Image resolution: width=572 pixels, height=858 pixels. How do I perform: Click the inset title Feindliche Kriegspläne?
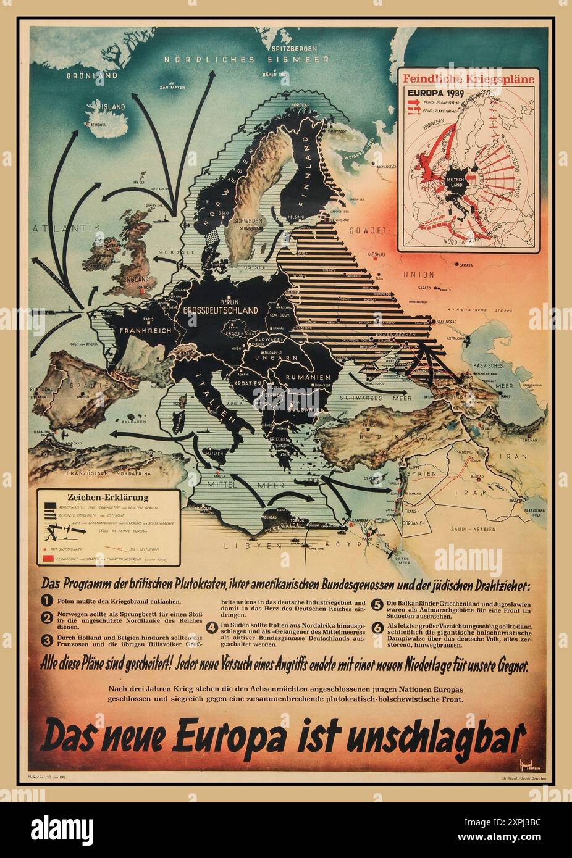click(468, 79)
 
